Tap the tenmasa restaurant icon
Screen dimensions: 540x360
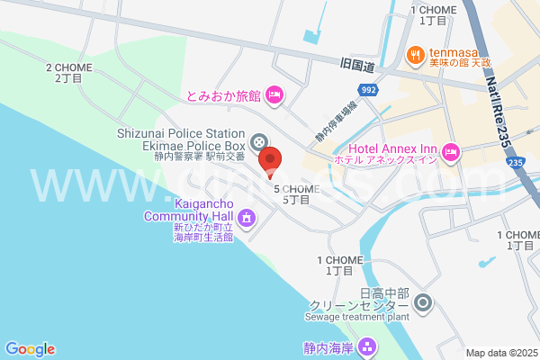pyautogui.click(x=415, y=53)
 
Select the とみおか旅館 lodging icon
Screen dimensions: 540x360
pyautogui.click(x=274, y=94)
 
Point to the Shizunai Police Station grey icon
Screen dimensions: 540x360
pyautogui.click(x=259, y=141)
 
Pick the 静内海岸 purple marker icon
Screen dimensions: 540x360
pyautogui.click(x=366, y=346)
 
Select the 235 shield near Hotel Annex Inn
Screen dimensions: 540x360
pyautogui.click(x=514, y=162)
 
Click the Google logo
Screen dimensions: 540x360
pyautogui.click(x=30, y=349)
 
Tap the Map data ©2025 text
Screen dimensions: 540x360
pyautogui.click(x=501, y=353)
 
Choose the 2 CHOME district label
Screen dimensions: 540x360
pyautogui.click(x=68, y=72)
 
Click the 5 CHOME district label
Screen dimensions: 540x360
pyautogui.click(x=296, y=194)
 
